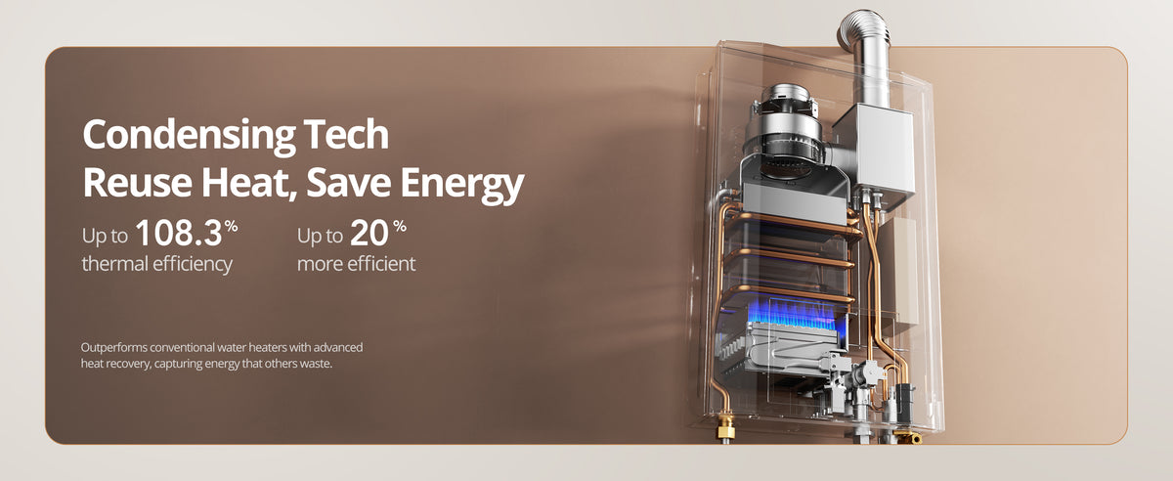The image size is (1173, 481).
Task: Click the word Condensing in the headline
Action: [x=189, y=136]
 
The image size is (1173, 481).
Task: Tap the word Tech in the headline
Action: [x=346, y=134]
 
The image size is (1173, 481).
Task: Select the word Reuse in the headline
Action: [x=138, y=183]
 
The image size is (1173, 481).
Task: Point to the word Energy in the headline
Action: [x=461, y=185]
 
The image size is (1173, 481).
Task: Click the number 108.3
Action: [x=179, y=233]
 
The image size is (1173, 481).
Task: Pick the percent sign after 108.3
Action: [x=232, y=227]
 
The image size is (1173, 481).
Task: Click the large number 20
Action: [x=369, y=233]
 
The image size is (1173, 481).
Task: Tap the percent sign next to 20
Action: [x=400, y=227]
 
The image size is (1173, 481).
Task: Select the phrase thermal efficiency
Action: [x=157, y=264]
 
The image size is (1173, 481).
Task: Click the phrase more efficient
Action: [x=356, y=264]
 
